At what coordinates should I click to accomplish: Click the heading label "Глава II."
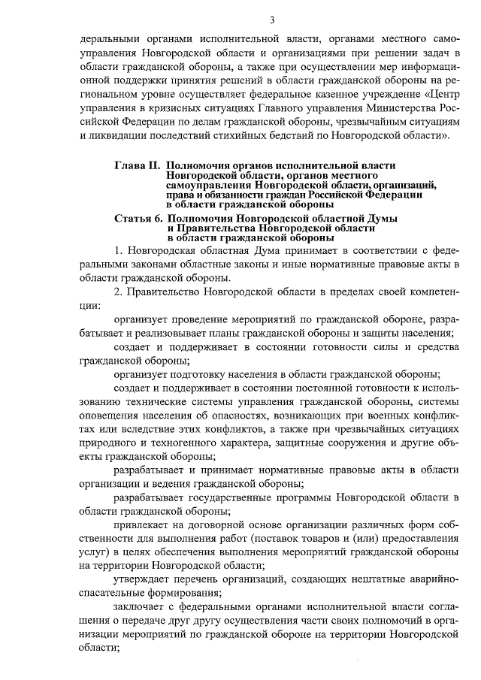pyautogui.click(x=138, y=165)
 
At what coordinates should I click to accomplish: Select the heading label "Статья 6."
pyautogui.click(x=138, y=218)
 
